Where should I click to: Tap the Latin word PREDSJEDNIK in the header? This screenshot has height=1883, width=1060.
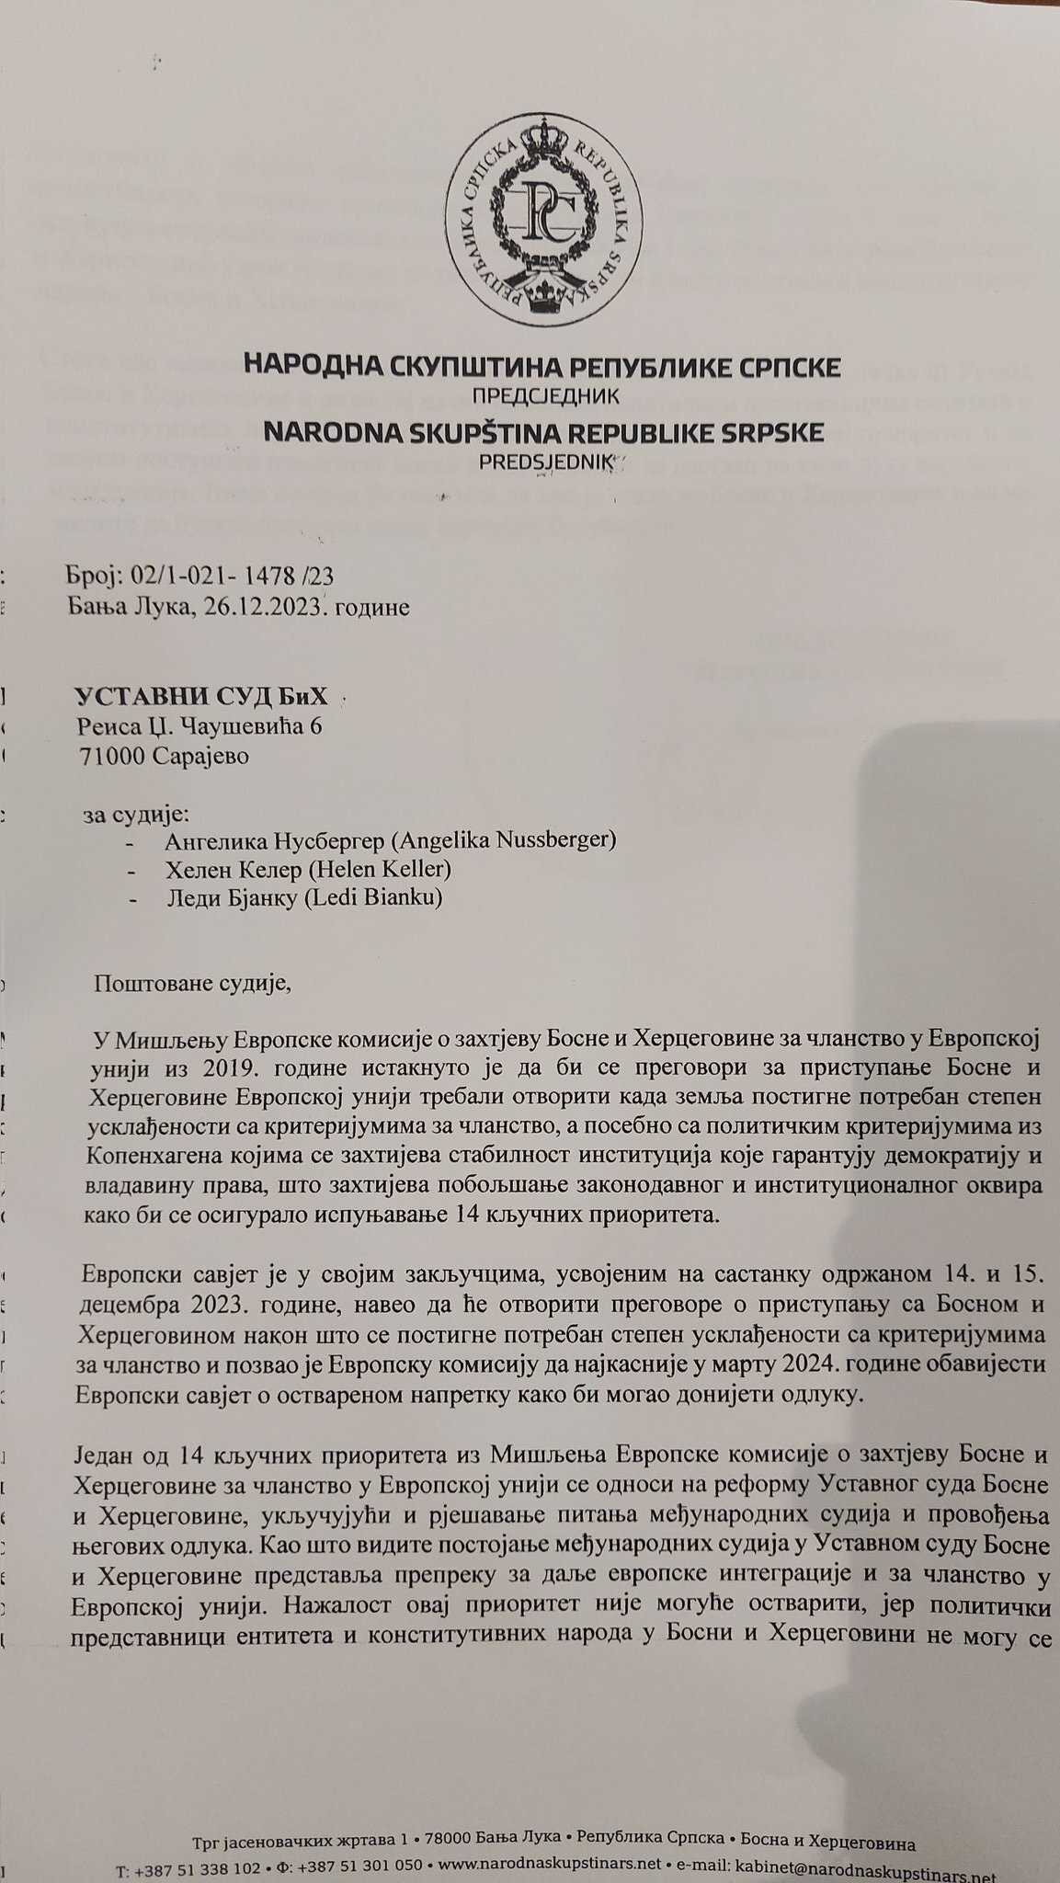544,462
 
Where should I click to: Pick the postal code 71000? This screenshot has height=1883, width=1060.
113,757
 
